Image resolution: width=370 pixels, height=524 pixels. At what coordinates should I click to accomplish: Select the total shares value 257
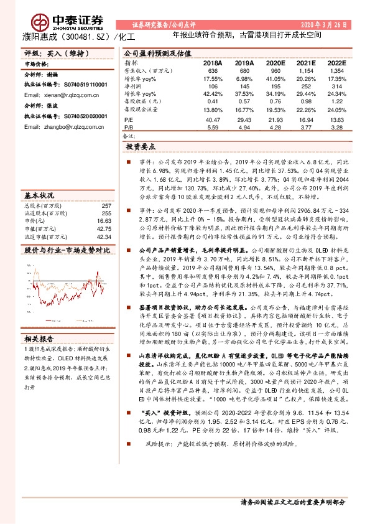tap(106, 205)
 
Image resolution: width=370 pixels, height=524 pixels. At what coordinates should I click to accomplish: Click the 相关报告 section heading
tap(39, 339)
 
